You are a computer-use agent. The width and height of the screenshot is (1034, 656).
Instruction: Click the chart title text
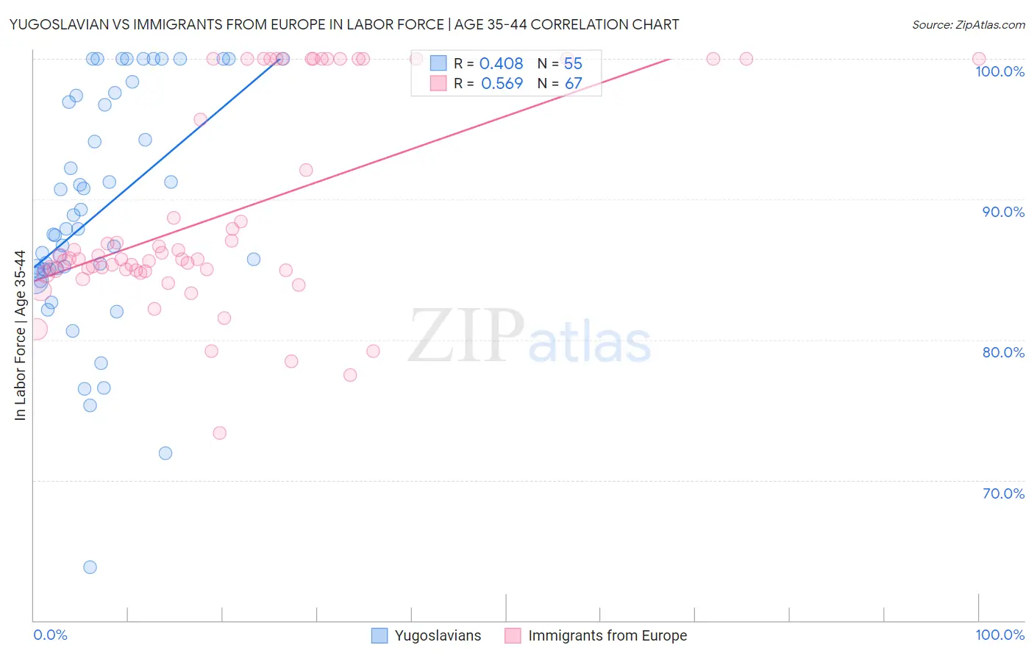[344, 24]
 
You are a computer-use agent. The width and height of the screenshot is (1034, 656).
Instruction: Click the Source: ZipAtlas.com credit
[968, 25]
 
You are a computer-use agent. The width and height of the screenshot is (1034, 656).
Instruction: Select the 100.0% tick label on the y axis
[999, 71]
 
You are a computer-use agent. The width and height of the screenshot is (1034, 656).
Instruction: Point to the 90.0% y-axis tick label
[1003, 212]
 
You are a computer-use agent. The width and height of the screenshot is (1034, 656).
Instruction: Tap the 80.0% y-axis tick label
[1003, 352]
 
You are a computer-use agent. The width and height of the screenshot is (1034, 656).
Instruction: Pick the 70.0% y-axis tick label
[1003, 493]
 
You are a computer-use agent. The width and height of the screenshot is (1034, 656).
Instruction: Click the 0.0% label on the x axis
[50, 635]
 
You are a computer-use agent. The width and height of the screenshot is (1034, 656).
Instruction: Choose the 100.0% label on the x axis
[999, 635]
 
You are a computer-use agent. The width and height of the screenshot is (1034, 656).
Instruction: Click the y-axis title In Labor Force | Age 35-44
[21, 335]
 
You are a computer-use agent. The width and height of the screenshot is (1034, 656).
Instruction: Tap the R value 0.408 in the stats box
[501, 64]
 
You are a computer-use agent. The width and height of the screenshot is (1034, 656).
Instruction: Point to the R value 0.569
[502, 84]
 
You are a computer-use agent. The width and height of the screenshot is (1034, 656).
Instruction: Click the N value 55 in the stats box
[573, 64]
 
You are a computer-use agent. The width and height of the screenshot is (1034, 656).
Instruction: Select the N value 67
[573, 84]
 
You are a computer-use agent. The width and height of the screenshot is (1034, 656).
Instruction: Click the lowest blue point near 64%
[90, 567]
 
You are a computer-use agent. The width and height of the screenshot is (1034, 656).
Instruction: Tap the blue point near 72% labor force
[165, 453]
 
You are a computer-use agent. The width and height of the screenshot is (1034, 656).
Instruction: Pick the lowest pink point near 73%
[219, 433]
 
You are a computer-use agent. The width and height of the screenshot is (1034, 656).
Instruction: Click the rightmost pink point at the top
[979, 59]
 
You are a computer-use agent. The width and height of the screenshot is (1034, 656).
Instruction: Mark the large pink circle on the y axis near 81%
[35, 329]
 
